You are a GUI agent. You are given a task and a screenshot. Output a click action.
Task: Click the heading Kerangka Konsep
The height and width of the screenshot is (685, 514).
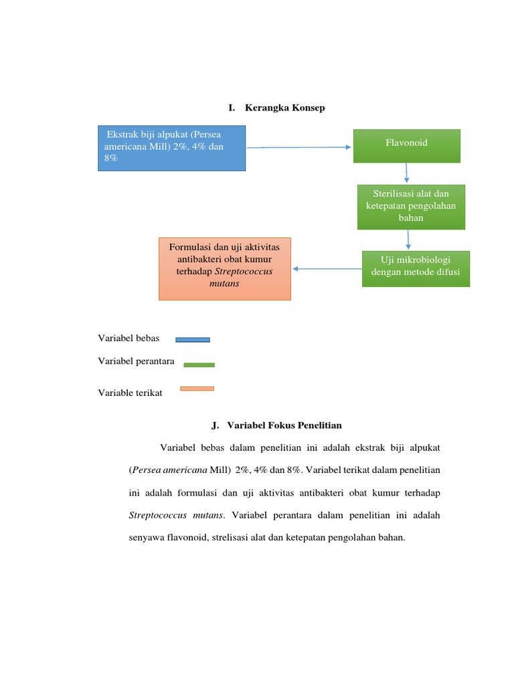(284, 108)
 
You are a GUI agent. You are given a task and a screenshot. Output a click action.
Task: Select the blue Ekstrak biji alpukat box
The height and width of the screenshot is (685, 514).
(171, 149)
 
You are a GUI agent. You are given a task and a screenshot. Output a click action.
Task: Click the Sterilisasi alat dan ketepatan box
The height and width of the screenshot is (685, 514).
(410, 207)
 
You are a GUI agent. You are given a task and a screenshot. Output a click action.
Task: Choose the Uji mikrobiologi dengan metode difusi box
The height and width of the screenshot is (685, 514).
(416, 268)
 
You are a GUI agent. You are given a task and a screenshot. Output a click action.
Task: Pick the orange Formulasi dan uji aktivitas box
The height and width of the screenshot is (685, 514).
(225, 268)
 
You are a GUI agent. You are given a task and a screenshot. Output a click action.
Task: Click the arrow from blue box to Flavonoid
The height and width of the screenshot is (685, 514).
(299, 148)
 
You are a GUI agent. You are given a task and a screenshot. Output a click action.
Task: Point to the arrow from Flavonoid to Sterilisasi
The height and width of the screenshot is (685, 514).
(406, 173)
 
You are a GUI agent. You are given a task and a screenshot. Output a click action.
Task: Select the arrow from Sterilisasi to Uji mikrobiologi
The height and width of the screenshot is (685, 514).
(408, 240)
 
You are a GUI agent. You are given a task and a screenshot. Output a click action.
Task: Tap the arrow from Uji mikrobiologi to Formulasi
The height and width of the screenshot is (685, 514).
(327, 269)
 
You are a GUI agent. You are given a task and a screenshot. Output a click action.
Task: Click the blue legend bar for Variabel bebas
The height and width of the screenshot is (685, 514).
(193, 340)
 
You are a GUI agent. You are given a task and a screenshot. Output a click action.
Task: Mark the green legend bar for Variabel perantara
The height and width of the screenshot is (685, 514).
(199, 365)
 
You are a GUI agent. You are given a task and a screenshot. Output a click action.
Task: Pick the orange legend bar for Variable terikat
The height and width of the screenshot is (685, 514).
(197, 388)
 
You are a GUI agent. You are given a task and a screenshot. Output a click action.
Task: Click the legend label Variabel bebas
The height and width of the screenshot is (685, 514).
(128, 338)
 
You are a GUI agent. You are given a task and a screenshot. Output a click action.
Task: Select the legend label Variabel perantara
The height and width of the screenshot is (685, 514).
(136, 361)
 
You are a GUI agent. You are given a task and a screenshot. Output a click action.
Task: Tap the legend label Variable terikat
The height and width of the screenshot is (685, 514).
(130, 393)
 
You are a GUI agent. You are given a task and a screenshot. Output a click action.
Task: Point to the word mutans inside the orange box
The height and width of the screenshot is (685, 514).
(224, 284)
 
